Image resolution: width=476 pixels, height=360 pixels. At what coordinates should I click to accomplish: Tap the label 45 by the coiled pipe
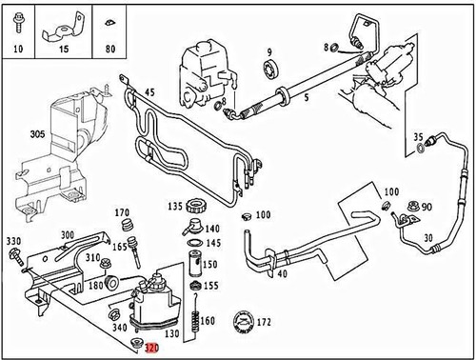pyautogui.click(x=149, y=93)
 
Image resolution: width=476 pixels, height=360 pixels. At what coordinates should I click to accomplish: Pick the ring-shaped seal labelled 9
pyautogui.click(x=269, y=70)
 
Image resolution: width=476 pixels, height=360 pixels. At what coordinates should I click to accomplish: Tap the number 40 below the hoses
pyautogui.click(x=283, y=276)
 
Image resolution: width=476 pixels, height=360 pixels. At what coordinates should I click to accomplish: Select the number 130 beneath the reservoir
pyautogui.click(x=171, y=334)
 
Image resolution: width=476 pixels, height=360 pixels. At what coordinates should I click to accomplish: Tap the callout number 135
pyautogui.click(x=174, y=206)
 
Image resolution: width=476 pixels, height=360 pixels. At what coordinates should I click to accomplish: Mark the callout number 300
pyautogui.click(x=67, y=234)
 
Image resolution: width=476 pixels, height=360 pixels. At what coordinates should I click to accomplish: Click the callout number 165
pyautogui.click(x=120, y=246)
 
